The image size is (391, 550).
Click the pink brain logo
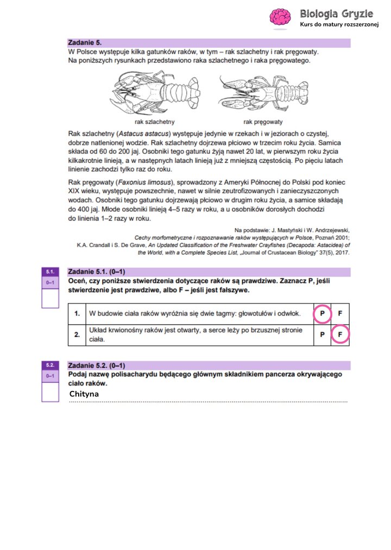281,17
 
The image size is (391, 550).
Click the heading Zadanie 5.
85,42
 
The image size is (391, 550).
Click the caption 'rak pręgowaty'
263,122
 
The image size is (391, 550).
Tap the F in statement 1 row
340,314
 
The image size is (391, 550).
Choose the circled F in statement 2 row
340,335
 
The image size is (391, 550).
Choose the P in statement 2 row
322,335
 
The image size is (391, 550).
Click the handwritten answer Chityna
84,394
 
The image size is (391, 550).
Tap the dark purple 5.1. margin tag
50,271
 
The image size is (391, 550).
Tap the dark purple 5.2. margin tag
50,365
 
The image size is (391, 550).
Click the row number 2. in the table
77,331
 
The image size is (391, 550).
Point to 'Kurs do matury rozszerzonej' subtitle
338,25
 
